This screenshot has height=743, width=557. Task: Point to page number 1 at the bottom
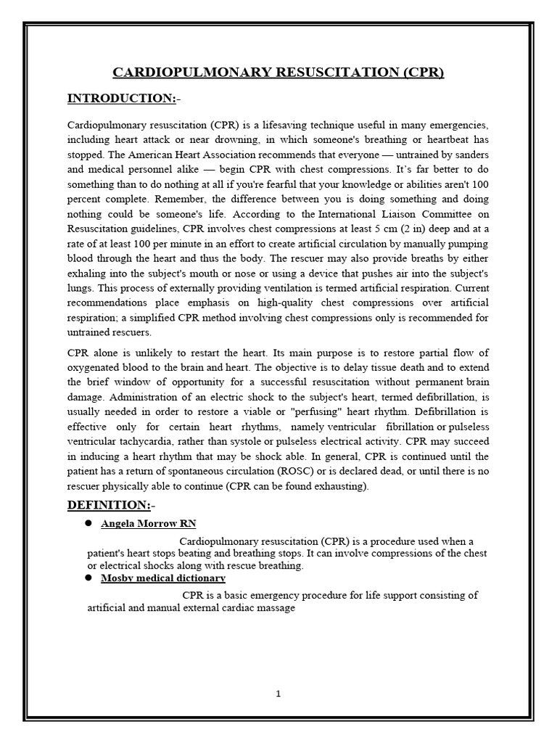click(278, 694)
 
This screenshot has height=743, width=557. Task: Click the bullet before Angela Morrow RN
click(88, 522)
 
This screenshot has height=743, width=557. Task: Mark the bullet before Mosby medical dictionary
click(88, 578)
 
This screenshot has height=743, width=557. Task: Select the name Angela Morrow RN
click(149, 523)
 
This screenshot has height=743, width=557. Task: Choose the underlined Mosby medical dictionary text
click(163, 578)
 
